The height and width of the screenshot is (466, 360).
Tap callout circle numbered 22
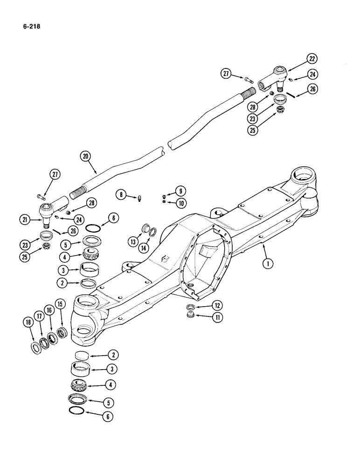click(x=312, y=59)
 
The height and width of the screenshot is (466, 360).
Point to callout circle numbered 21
click(x=25, y=219)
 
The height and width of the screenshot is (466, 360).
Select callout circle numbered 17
click(x=39, y=318)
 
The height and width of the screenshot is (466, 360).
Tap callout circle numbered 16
click(x=49, y=311)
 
